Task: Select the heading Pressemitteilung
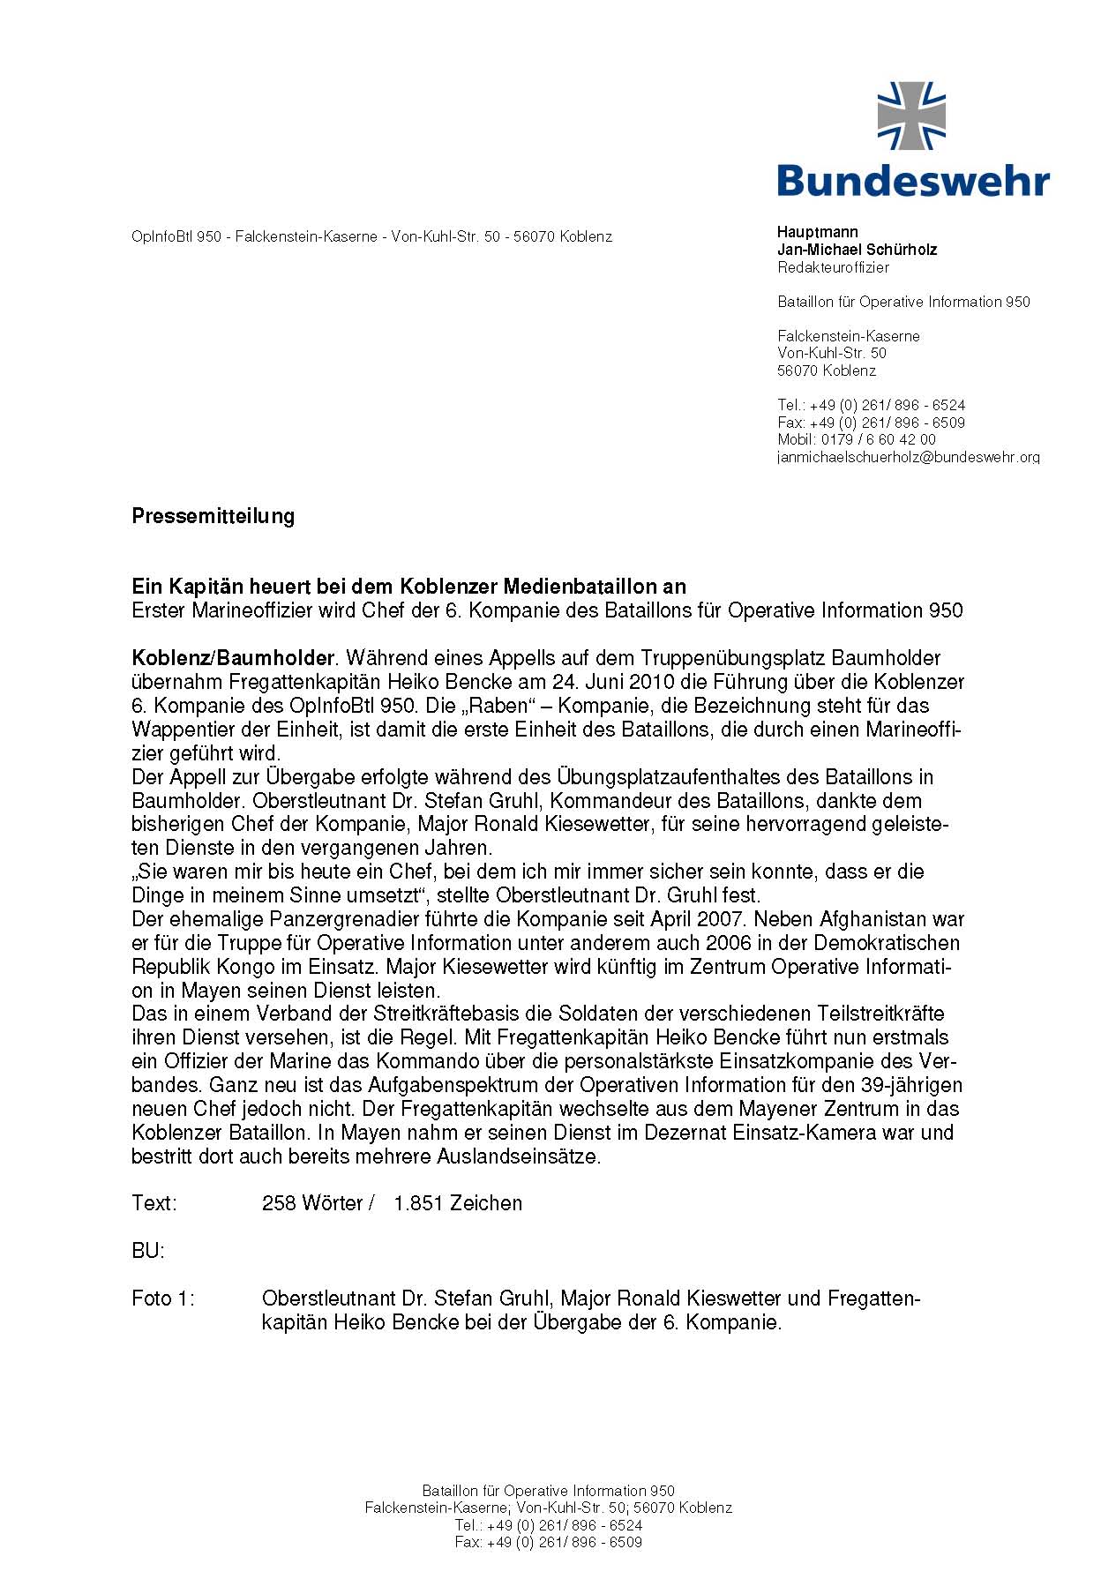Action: (x=213, y=516)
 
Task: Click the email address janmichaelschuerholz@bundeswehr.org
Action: (x=908, y=457)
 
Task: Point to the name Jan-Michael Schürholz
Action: (x=857, y=250)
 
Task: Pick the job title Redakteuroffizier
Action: (x=833, y=267)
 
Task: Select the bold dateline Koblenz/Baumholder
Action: (x=233, y=658)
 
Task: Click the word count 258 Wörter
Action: (x=312, y=1203)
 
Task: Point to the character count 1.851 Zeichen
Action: (x=458, y=1203)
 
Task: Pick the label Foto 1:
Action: (x=162, y=1298)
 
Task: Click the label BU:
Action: (x=147, y=1251)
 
